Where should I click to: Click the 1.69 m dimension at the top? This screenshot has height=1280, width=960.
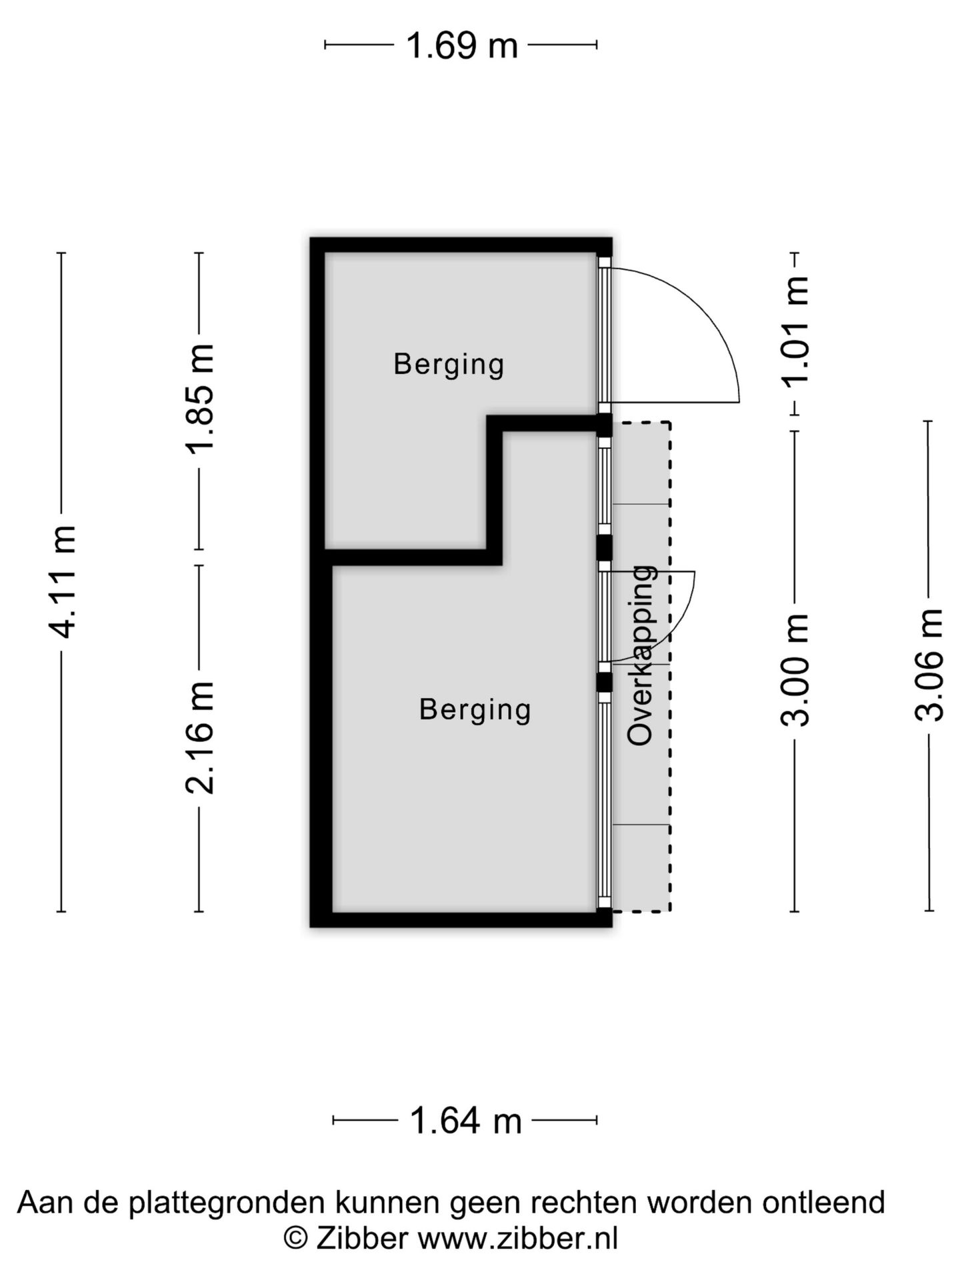click(461, 45)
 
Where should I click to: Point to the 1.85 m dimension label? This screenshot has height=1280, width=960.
click(199, 399)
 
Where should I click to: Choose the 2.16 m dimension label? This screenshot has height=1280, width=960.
click(199, 737)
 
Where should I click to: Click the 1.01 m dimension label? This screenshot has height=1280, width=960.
click(795, 331)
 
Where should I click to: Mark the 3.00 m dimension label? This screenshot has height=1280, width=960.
click(795, 669)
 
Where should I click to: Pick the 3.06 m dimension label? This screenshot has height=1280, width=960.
click(929, 665)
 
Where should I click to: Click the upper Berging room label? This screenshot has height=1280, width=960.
click(449, 365)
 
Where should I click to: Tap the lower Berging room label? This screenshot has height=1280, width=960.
click(475, 709)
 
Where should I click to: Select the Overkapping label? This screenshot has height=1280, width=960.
click(641, 655)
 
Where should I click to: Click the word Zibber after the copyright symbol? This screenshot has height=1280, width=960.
click(361, 1238)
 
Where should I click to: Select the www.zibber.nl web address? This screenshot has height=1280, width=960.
click(517, 1238)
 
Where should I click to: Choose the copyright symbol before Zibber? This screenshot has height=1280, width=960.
click(296, 1238)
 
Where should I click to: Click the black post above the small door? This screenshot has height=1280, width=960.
click(603, 548)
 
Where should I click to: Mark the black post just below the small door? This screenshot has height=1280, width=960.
click(603, 682)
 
